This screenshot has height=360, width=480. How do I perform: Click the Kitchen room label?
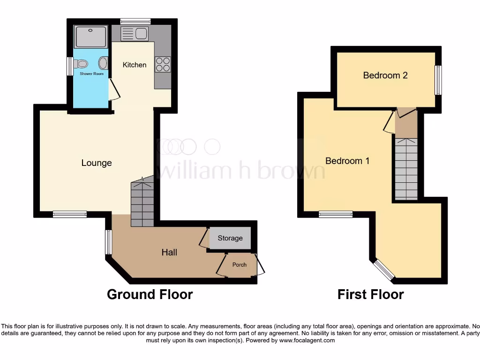tap(135, 65)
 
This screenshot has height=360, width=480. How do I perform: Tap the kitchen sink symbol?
tap(135, 33)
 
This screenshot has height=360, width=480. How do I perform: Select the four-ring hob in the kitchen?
tap(163, 64)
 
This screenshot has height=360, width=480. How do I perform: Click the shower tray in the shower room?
tap(90, 37)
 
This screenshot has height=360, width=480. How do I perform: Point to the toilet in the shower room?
tap(81, 64)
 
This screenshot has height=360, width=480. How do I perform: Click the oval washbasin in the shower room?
tap(103, 63)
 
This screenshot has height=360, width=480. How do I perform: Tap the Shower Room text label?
tap(91, 74)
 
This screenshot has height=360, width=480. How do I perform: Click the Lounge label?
tap(97, 163)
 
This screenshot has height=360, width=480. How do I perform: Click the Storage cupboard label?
tap(230, 238)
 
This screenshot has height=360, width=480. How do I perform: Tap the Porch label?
tap(240, 265)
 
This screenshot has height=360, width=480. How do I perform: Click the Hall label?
tap(169, 252)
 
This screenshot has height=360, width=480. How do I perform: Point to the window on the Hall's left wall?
tap(109, 242)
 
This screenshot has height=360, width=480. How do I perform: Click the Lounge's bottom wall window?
tap(70, 214)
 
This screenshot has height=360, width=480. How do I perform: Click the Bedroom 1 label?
tap(347, 161)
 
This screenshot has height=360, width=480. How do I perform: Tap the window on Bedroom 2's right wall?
tap(438, 80)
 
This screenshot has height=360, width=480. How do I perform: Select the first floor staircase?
tap(406, 169)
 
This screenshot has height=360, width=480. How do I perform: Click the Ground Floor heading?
tap(150, 294)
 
